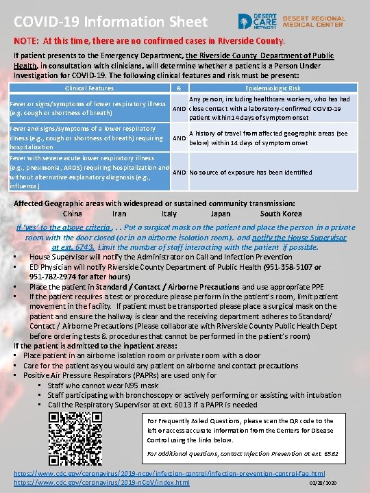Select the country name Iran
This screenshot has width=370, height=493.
click(x=120, y=214)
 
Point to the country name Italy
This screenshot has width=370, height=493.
click(x=169, y=214)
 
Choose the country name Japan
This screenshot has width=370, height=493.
click(x=221, y=214)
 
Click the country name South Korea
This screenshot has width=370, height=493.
click(x=281, y=214)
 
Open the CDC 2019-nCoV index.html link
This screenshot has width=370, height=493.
click(x=102, y=483)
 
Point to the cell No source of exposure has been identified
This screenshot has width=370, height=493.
click(x=251, y=173)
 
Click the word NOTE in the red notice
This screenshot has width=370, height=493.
click(x=28, y=40)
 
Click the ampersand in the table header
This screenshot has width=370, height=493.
click(x=178, y=88)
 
